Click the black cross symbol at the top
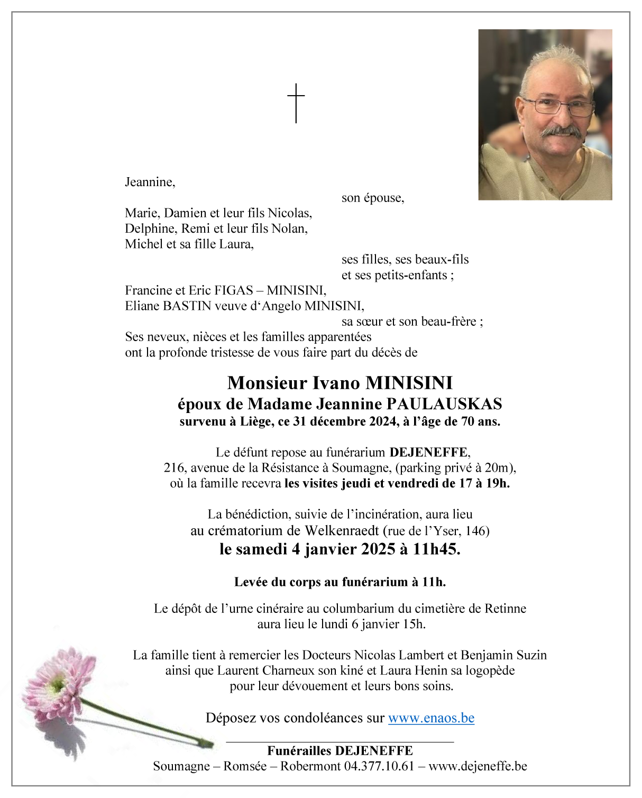pos(296,103)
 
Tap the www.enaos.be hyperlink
pos(431,718)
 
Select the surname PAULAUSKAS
pos(444,404)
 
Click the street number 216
pos(173,468)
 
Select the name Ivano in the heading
pos(336,382)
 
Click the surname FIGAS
pos(233,290)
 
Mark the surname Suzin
pos(530,655)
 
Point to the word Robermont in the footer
pos(310,766)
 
